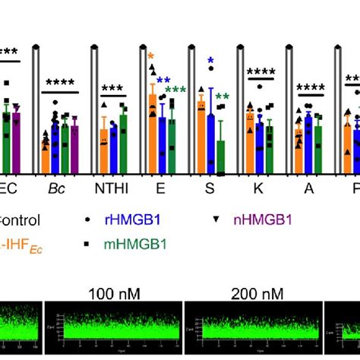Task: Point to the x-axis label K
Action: coord(257,186)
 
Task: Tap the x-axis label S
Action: coord(210,186)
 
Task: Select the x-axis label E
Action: coord(163,186)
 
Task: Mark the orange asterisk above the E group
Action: coord(151,57)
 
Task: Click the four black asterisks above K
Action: coord(258,74)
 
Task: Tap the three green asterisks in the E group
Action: coord(175,91)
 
